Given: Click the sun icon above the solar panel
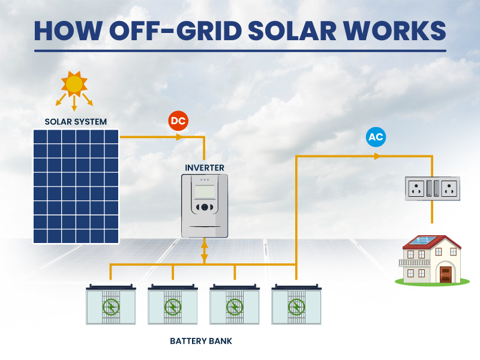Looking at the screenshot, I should (74, 84).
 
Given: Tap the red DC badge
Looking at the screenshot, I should (178, 121).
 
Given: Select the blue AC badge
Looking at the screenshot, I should (376, 137).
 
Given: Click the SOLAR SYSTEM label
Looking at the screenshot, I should (76, 122).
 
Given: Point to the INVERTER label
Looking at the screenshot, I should (205, 167).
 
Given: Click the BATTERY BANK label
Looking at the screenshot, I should (201, 341).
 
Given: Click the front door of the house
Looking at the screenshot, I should (445, 274).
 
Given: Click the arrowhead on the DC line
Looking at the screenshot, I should (179, 137).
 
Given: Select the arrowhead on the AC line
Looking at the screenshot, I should (377, 156).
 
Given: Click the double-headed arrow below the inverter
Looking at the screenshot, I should (205, 251).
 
